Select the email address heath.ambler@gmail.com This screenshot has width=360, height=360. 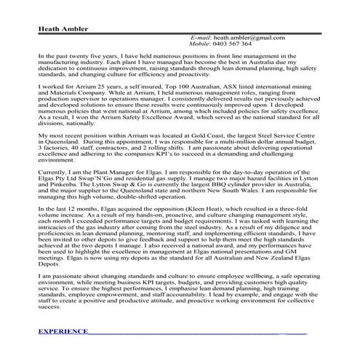coord(249,37)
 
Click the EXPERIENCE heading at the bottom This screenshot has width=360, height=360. coord(63,331)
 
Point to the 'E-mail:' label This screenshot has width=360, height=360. coord(201,37)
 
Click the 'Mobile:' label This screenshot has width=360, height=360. coord(204,44)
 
